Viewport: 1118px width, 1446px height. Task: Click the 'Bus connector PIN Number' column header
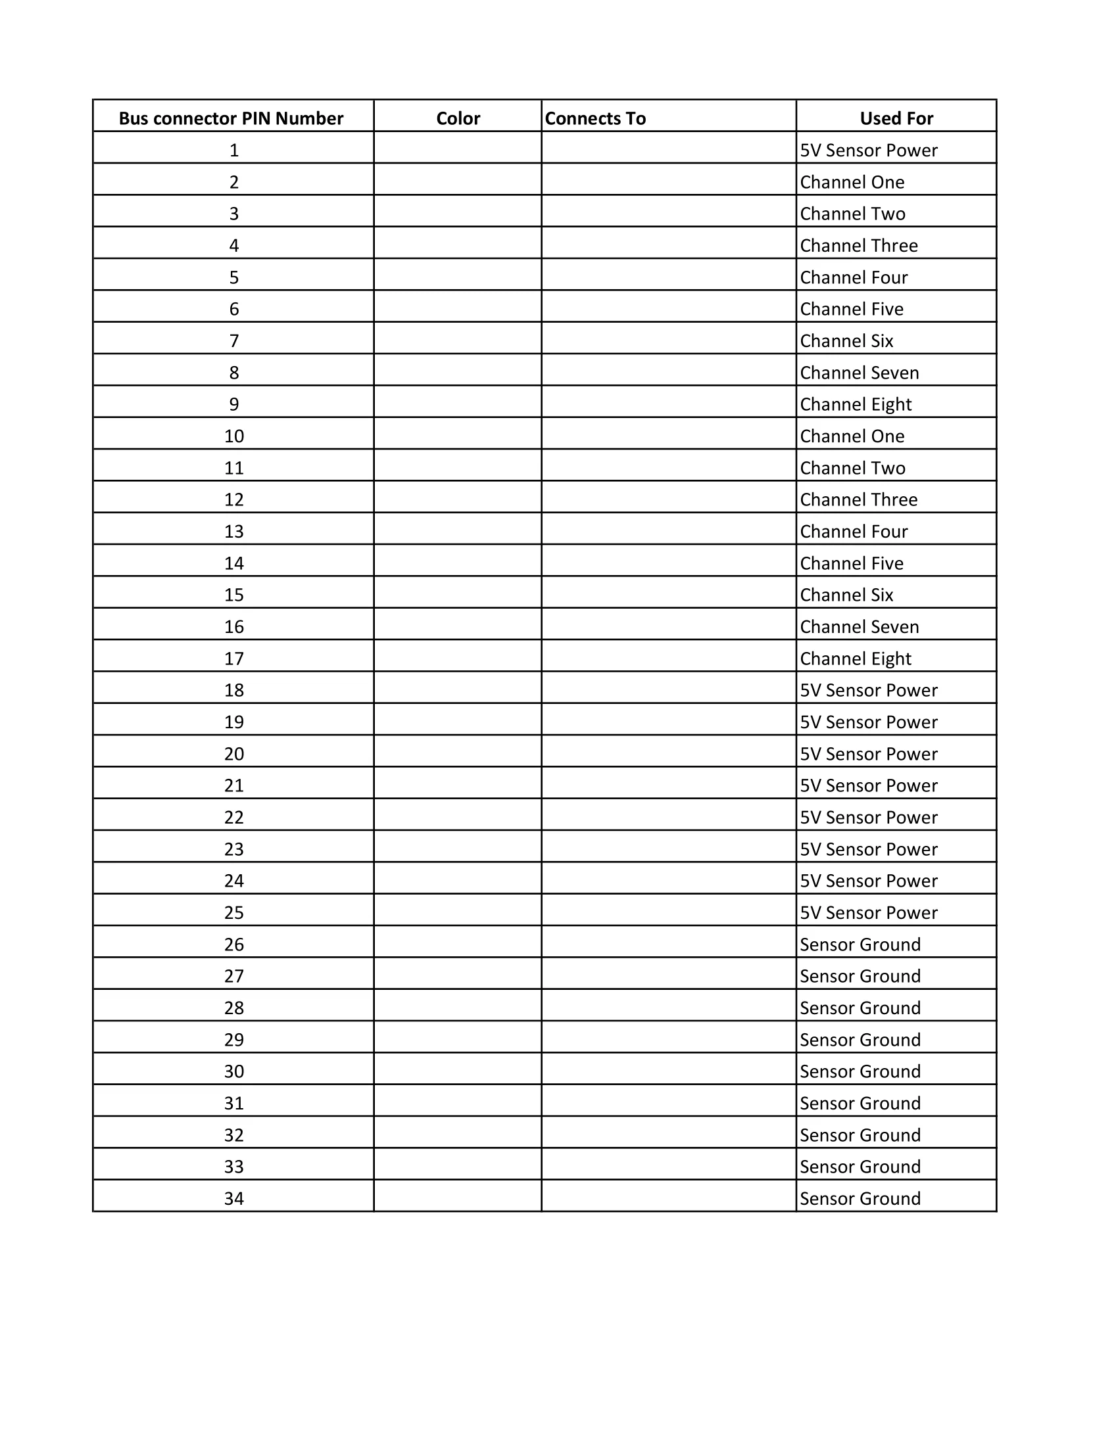230,118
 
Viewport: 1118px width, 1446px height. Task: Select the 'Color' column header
458,118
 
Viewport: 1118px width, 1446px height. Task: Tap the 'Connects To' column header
595,118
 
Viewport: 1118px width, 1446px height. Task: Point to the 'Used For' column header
896,118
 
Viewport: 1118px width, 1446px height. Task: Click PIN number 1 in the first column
234,151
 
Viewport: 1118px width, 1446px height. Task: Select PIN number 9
234,404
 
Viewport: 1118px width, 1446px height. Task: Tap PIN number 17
234,659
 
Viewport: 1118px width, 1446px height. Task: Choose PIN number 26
234,944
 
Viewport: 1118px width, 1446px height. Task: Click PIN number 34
234,1198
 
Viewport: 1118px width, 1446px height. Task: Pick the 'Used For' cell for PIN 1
868,151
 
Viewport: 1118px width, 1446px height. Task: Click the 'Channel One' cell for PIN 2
852,182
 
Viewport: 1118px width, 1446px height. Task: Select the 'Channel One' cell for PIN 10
852,436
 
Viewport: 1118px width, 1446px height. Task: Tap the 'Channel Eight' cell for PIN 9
856,404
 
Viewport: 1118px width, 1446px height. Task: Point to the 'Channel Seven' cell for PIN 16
859,627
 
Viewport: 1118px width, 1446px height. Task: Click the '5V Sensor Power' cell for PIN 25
868,912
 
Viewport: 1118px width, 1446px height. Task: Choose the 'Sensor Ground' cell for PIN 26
860,944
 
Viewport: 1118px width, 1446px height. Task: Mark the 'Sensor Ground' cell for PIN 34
860,1198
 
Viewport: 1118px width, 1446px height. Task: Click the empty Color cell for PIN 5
458,277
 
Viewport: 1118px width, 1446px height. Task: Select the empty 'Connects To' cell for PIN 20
668,753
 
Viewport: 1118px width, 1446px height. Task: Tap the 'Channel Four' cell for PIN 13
854,532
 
